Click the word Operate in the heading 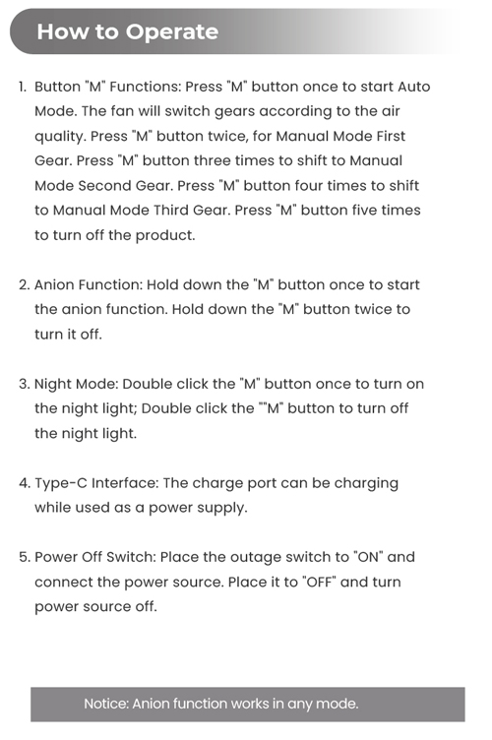tap(171, 32)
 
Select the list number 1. tap(23, 87)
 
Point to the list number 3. tap(24, 384)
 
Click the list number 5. tap(25, 557)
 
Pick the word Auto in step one tap(413, 87)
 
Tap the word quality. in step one tap(60, 137)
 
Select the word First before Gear tap(391, 136)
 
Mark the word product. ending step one tap(165, 235)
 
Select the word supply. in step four tap(222, 509)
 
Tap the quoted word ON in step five tap(367, 557)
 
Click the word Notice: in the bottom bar tap(106, 704)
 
